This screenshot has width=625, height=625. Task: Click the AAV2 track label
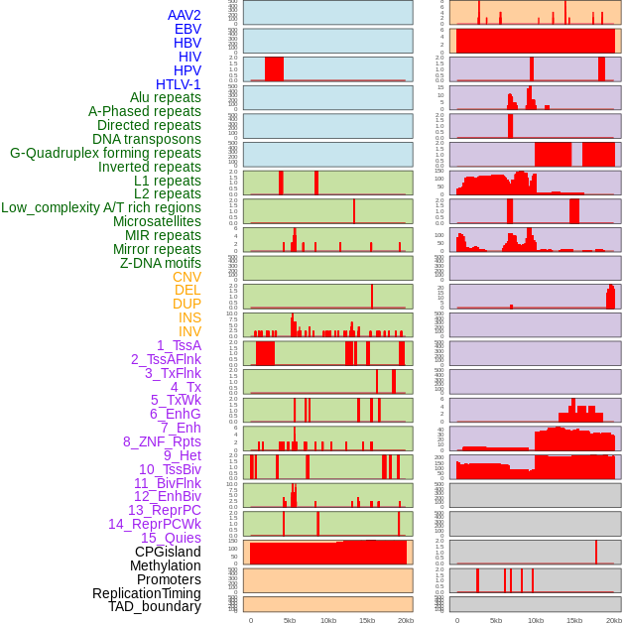pyautogui.click(x=184, y=15)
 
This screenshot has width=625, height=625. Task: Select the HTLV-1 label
pyautogui.click(x=178, y=84)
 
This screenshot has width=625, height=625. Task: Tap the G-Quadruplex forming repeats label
pyautogui.click(x=105, y=153)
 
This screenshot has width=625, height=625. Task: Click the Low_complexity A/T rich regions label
pyautogui.click(x=101, y=207)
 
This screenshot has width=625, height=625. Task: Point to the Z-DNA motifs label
pyautogui.click(x=160, y=263)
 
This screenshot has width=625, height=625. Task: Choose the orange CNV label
pyautogui.click(x=187, y=277)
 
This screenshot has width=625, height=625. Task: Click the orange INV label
pyautogui.click(x=189, y=331)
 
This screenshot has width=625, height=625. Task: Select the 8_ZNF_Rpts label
pyautogui.click(x=162, y=441)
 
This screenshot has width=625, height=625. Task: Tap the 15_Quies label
pyautogui.click(x=171, y=538)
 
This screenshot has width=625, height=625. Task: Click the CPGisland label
pyautogui.click(x=168, y=552)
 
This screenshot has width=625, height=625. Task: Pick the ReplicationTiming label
pyautogui.click(x=146, y=593)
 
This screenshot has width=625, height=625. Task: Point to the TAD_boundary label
pyautogui.click(x=155, y=606)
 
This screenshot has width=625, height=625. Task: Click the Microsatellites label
pyautogui.click(x=157, y=221)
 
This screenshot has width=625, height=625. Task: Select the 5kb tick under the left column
pyautogui.click(x=290, y=620)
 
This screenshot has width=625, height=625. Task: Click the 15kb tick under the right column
pyautogui.click(x=573, y=620)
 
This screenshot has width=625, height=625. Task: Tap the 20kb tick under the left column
pyautogui.click(x=405, y=620)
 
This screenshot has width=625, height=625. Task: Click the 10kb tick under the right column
pyautogui.click(x=535, y=620)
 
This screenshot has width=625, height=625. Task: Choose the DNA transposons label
pyautogui.click(x=147, y=139)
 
